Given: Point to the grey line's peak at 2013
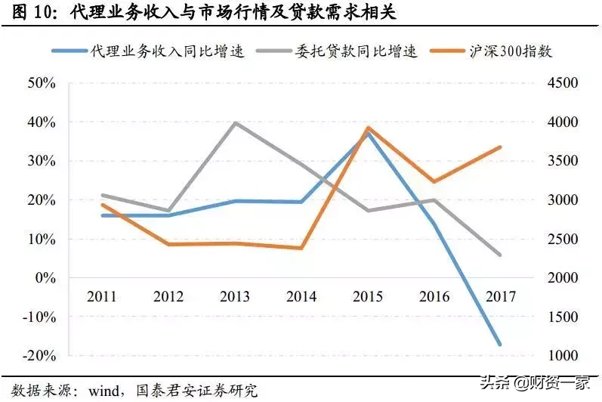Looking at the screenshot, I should tap(235, 122).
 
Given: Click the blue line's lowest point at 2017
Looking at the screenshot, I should tap(500, 345).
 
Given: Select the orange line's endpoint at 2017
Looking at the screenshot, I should tap(500, 147).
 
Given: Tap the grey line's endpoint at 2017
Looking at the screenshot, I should tap(500, 255).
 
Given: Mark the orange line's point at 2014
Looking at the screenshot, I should tap(301, 248).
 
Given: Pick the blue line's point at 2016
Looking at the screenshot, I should tap(434, 223).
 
